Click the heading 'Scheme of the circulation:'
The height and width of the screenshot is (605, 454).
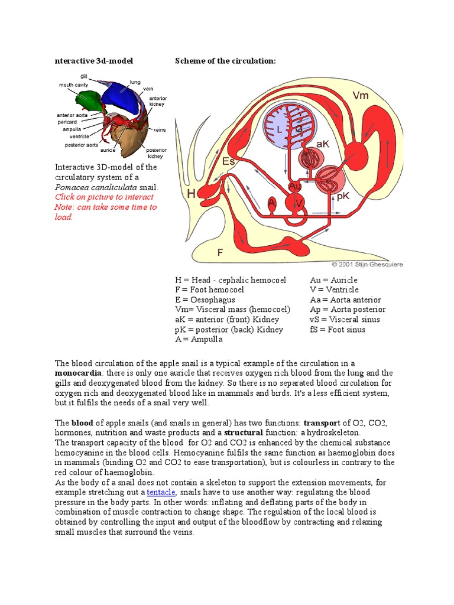(x=225, y=61)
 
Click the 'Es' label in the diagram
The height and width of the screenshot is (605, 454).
(x=228, y=160)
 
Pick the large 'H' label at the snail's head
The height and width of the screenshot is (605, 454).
(x=192, y=193)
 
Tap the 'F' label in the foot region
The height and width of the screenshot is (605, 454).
(x=220, y=252)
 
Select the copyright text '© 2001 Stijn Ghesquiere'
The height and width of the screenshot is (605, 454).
(x=367, y=265)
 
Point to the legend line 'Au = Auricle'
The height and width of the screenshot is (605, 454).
(x=333, y=280)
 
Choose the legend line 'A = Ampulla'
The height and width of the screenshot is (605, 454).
(x=198, y=340)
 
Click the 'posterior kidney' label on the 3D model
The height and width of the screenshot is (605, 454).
(x=156, y=153)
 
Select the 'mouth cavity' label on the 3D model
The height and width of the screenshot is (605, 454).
(x=74, y=85)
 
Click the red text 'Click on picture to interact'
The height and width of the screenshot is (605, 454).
(x=104, y=197)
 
